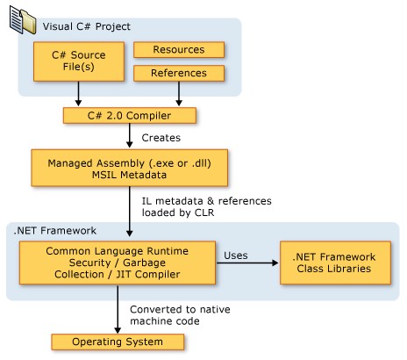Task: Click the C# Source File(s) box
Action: tap(79, 61)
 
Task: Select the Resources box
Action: tap(179, 50)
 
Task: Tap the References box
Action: tap(179, 73)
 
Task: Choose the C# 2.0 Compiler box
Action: tap(130, 116)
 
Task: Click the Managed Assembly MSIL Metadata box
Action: tap(130, 168)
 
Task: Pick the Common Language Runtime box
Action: tap(118, 263)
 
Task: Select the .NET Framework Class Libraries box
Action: tap(335, 263)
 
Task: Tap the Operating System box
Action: tap(118, 342)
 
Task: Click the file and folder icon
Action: tap(23, 20)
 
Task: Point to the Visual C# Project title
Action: tap(87, 26)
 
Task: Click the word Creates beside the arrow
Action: tap(161, 138)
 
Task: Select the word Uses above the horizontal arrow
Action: tap(236, 256)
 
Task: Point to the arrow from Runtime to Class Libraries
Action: tap(247, 263)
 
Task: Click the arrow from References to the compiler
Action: tap(179, 94)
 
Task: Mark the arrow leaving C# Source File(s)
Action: tap(78, 94)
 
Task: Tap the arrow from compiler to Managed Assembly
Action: tap(130, 135)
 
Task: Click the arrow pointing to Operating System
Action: tap(118, 309)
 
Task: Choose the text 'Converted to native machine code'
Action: tap(180, 315)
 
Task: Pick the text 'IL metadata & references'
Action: tap(207, 201)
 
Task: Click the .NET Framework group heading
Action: tap(55, 231)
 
